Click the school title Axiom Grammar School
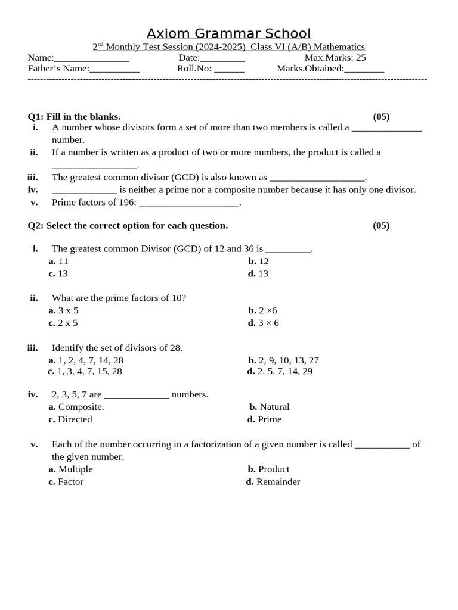229,33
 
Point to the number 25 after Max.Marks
360,58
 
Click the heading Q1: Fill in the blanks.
75,117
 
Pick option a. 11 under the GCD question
58,261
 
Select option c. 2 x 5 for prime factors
63,323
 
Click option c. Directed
70,419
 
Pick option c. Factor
66,482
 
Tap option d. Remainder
273,482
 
